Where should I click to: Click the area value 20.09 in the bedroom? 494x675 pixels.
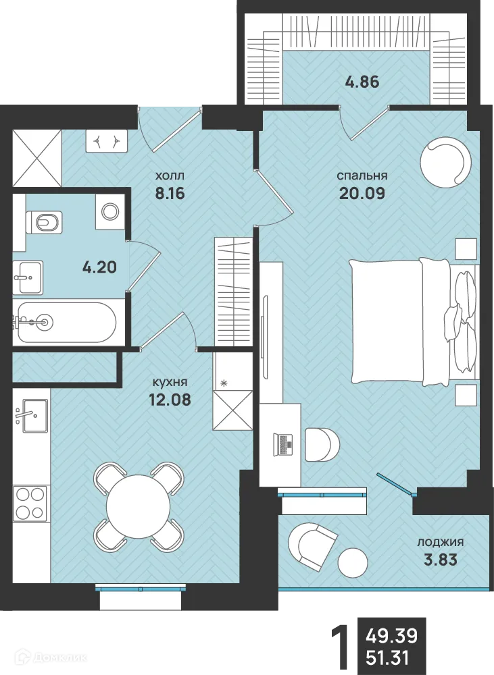click(362, 193)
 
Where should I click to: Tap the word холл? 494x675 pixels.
click(170, 175)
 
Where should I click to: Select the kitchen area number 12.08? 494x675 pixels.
click(170, 400)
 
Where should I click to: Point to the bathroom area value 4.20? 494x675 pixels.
click(99, 267)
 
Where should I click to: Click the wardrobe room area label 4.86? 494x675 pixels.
click(362, 82)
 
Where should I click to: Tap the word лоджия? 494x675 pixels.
click(440, 543)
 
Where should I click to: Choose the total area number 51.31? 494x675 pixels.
click(387, 658)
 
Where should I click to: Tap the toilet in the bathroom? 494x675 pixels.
click(45, 222)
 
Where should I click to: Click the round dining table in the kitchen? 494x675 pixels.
click(139, 504)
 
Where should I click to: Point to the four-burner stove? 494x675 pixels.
click(29, 503)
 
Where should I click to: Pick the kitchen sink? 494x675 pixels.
click(35, 415)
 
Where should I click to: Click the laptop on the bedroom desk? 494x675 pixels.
click(282, 444)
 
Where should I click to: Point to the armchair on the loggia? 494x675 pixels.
click(312, 545)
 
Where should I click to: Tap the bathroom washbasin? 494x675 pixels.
click(28, 277)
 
